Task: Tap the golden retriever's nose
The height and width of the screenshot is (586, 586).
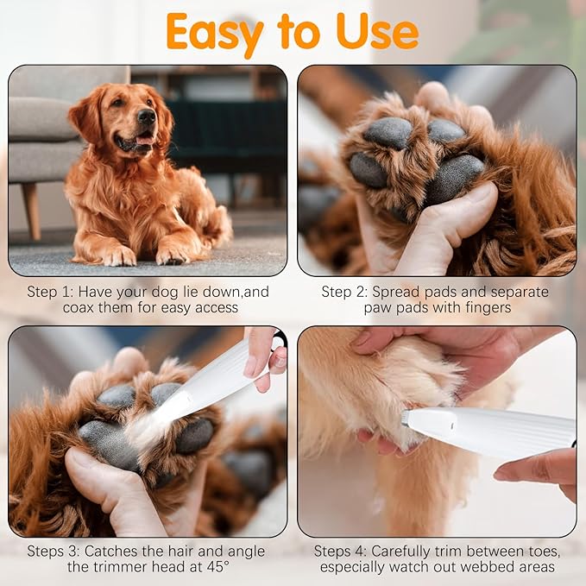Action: [146, 117]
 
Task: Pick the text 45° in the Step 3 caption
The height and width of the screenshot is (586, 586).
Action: [215, 567]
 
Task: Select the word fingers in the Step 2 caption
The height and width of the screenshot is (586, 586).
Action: [487, 307]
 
